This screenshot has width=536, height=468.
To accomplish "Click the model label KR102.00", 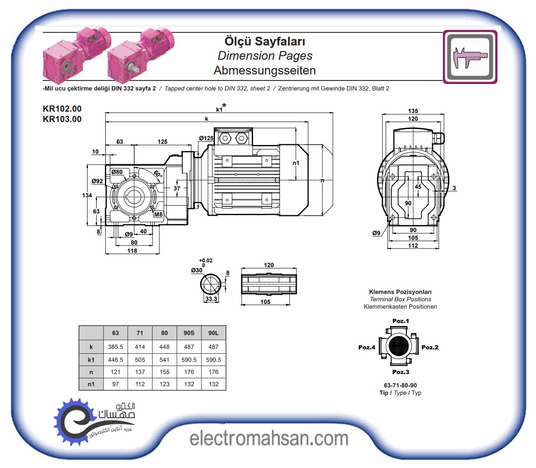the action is (x=62, y=109).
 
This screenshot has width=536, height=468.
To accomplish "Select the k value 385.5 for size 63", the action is (x=115, y=347).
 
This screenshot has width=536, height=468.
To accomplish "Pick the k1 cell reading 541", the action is (x=164, y=360).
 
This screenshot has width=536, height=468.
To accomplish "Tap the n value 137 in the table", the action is (x=140, y=372).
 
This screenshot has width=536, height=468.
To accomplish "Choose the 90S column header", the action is (x=189, y=333).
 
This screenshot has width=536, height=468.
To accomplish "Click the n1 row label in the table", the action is (x=91, y=384).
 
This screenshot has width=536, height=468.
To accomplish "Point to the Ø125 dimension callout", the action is (x=206, y=138).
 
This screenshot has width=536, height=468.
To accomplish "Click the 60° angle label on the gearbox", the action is (x=158, y=174).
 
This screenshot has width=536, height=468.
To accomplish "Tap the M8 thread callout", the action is (x=158, y=215).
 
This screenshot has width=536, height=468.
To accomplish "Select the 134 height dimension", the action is (x=87, y=196).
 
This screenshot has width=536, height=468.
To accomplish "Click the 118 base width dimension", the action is (x=132, y=251).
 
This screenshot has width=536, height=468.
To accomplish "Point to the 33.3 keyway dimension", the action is (x=211, y=299).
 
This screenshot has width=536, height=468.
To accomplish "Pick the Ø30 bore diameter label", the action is (x=196, y=271).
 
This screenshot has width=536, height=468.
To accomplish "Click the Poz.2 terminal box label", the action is (x=430, y=347).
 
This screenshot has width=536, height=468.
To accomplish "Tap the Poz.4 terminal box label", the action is (x=367, y=347).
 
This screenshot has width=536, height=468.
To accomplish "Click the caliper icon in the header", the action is (x=470, y=57).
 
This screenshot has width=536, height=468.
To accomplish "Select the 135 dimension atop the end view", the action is (x=413, y=111).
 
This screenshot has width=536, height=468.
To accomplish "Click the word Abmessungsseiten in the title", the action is (x=265, y=71).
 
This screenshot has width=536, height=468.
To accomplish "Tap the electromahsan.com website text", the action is (x=269, y=439).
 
